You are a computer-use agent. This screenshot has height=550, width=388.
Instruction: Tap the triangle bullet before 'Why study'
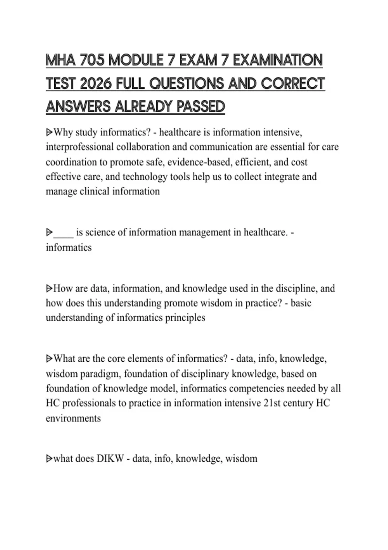pos(49,132)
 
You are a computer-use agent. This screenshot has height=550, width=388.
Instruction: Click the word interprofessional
pos(80,147)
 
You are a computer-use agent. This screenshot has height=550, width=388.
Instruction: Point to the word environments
pos(73,418)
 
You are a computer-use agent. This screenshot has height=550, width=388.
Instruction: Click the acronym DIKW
pos(110,458)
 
